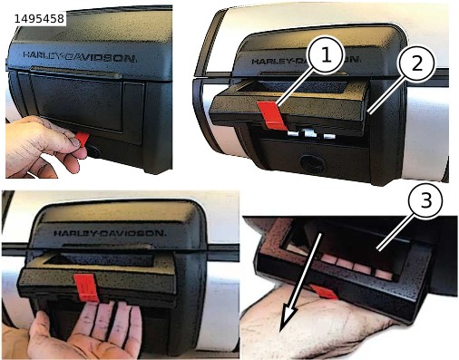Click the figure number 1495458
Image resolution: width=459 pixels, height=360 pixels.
click(39, 19)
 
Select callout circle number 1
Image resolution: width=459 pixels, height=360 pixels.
click(325, 55)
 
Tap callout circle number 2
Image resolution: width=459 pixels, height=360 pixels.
click(416, 63)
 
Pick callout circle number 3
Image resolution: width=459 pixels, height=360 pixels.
click(425, 200)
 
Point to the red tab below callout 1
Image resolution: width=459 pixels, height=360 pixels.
click(271, 115)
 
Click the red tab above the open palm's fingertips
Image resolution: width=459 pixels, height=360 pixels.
click(86, 287)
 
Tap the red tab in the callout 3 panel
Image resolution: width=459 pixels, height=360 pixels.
click(324, 292)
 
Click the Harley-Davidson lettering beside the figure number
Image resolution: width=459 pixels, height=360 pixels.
click(80, 56)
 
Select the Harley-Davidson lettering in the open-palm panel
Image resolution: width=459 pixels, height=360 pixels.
click(110, 233)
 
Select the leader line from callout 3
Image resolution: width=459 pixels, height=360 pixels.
click(394, 234)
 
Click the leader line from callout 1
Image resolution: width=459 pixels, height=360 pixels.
click(295, 90)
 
